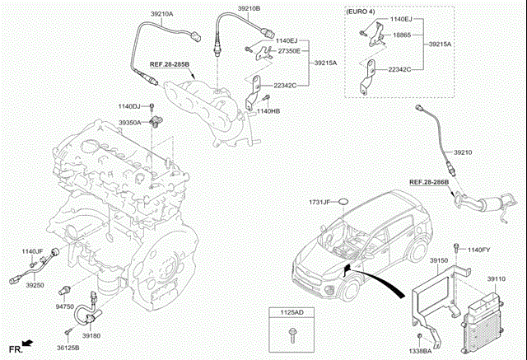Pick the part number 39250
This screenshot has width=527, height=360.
(34, 285)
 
